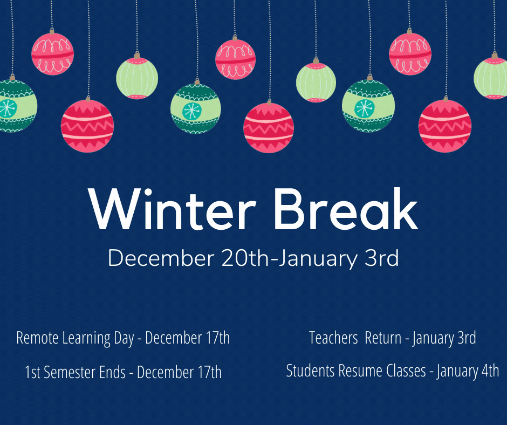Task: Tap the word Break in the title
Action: point(346,209)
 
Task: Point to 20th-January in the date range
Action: point(290,259)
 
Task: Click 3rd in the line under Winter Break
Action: point(381,258)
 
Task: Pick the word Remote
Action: point(37,338)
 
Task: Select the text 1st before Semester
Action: point(32,372)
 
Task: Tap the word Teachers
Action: point(333,338)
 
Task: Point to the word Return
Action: point(383,338)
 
